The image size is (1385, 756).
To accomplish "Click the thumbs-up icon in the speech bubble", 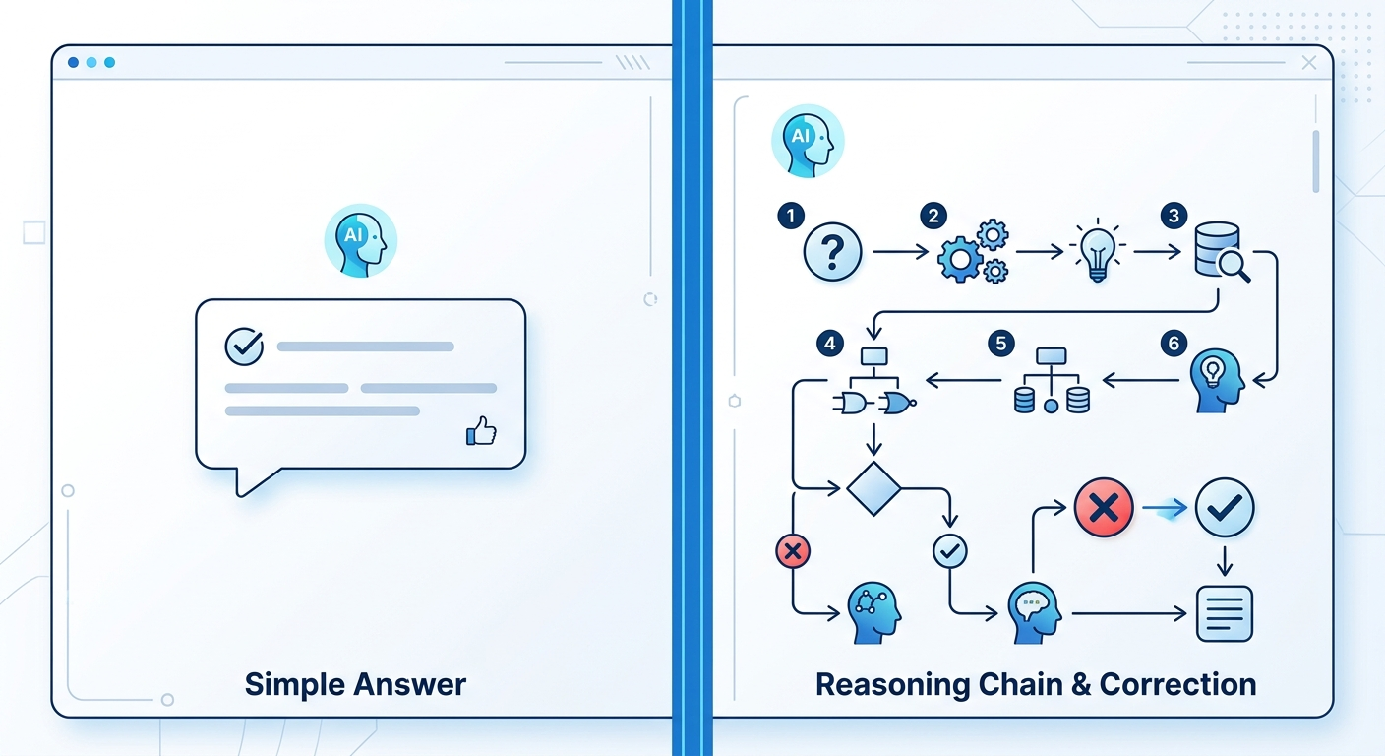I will click(x=481, y=430).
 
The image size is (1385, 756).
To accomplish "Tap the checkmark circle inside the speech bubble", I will click(x=244, y=346).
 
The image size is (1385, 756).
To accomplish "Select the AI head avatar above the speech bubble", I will click(x=360, y=241).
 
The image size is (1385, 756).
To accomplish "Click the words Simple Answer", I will click(x=355, y=684).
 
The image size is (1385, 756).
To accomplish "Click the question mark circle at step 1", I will click(x=832, y=253).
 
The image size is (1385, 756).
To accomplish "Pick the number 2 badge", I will click(x=933, y=216).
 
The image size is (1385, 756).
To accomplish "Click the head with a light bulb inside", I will click(x=1216, y=381).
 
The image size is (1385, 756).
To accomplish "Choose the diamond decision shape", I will click(x=873, y=487).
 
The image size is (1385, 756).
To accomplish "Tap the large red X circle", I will click(x=1104, y=508).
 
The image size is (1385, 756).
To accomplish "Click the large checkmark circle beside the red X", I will click(x=1225, y=508).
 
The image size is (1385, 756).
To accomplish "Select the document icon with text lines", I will click(x=1225, y=613).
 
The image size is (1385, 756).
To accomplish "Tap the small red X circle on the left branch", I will click(x=793, y=551).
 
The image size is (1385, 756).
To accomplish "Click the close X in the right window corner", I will click(x=1308, y=63).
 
